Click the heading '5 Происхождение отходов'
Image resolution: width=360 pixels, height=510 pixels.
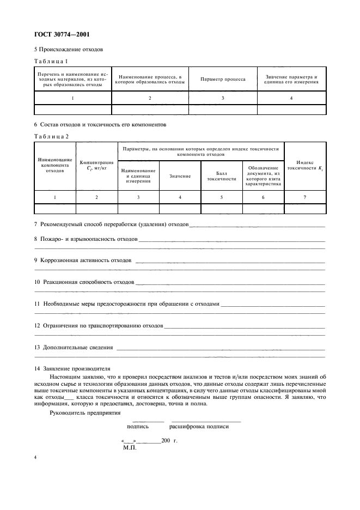(x=69, y=50)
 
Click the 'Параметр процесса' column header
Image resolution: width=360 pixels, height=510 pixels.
(x=223, y=79)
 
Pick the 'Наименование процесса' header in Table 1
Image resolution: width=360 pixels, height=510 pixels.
(x=150, y=79)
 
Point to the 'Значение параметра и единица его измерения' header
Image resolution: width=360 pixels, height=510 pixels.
(x=291, y=79)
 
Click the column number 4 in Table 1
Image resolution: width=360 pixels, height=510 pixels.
(x=291, y=98)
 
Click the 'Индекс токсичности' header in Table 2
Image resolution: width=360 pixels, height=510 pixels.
(x=305, y=166)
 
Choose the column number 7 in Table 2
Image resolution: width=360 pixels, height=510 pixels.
(x=305, y=197)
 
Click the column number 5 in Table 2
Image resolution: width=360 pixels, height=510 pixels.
(x=222, y=197)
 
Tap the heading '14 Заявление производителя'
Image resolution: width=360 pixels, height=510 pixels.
(x=72, y=368)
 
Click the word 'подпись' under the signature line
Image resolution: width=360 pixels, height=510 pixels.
(x=137, y=427)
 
